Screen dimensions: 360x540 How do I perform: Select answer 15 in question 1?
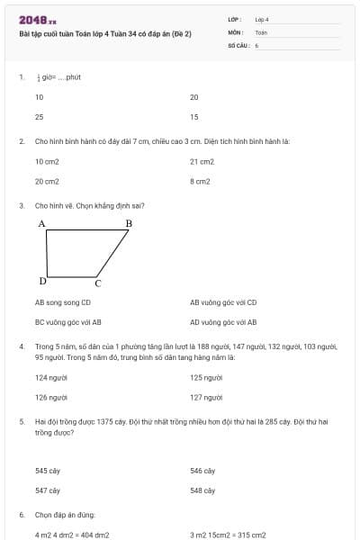(194, 117)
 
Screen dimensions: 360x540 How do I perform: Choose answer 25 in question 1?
(40, 117)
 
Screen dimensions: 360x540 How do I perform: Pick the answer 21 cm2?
(202, 161)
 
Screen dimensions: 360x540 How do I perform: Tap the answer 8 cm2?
(200, 181)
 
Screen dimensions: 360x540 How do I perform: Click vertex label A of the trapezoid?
(41, 222)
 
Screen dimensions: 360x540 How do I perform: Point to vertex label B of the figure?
(128, 222)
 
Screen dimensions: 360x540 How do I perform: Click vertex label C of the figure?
(98, 283)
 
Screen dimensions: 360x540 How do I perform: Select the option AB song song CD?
(63, 302)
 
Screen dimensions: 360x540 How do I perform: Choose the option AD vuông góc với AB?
(223, 321)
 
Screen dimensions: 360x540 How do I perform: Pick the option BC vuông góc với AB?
(68, 321)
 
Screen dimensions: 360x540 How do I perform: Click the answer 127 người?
(206, 397)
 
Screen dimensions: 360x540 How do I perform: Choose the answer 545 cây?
(48, 471)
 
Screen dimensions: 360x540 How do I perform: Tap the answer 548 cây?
(202, 490)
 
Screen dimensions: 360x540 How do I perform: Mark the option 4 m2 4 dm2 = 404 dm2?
(72, 535)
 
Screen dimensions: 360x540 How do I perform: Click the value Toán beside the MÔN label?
(261, 31)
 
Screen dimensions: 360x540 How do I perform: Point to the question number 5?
(21, 421)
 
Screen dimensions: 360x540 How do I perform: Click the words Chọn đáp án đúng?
(65, 515)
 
